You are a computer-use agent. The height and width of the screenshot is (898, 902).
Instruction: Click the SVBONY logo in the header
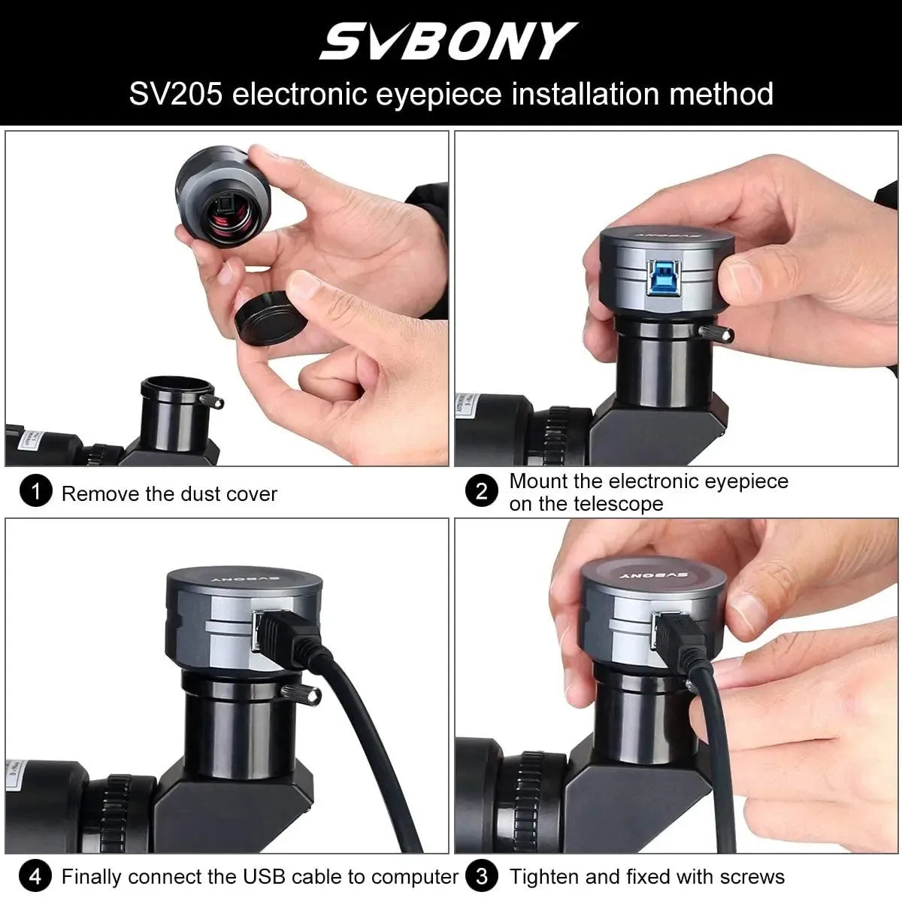[449, 41]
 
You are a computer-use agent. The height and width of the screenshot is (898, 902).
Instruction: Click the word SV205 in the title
[176, 94]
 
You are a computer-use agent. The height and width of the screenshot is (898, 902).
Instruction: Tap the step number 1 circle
[35, 493]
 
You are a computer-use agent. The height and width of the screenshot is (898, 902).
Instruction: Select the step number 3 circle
[481, 876]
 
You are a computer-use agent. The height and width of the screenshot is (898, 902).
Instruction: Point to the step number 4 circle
[35, 876]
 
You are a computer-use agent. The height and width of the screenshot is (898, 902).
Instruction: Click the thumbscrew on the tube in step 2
[712, 332]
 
